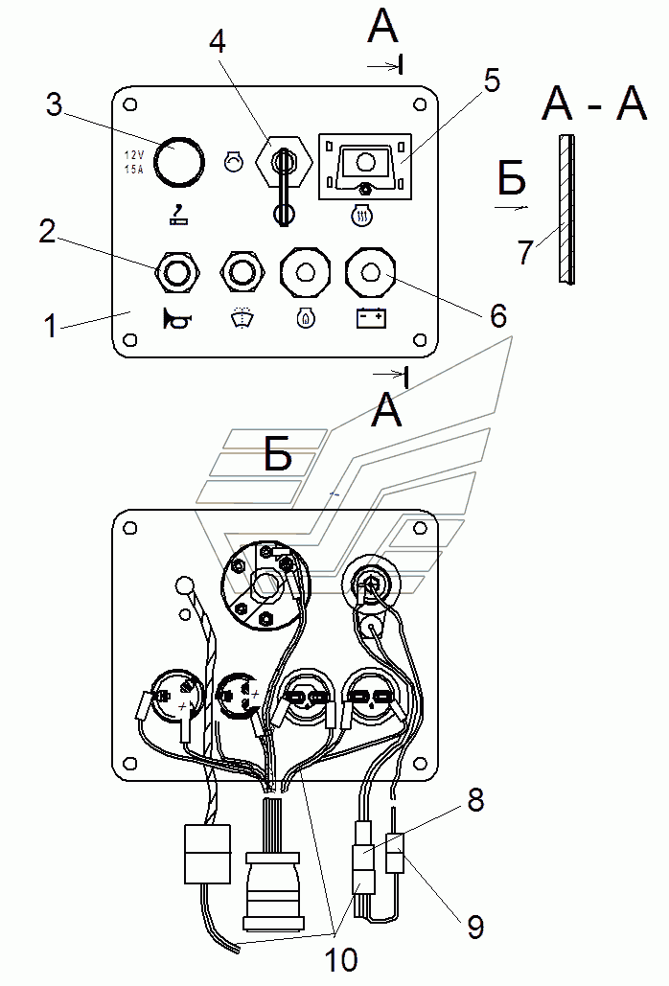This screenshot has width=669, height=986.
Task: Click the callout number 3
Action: coord(54,104)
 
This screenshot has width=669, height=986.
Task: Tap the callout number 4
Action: coord(218,43)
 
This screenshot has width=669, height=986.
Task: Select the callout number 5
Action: coord(492,80)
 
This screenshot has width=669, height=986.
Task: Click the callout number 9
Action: coord(476,927)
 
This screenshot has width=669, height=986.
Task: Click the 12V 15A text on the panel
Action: coord(133,162)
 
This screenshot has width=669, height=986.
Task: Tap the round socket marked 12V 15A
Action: coord(179,160)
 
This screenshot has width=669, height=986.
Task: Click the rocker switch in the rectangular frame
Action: coord(365,165)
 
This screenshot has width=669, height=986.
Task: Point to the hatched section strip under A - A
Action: coord(565,209)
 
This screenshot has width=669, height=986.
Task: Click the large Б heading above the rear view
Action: coord(278,454)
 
